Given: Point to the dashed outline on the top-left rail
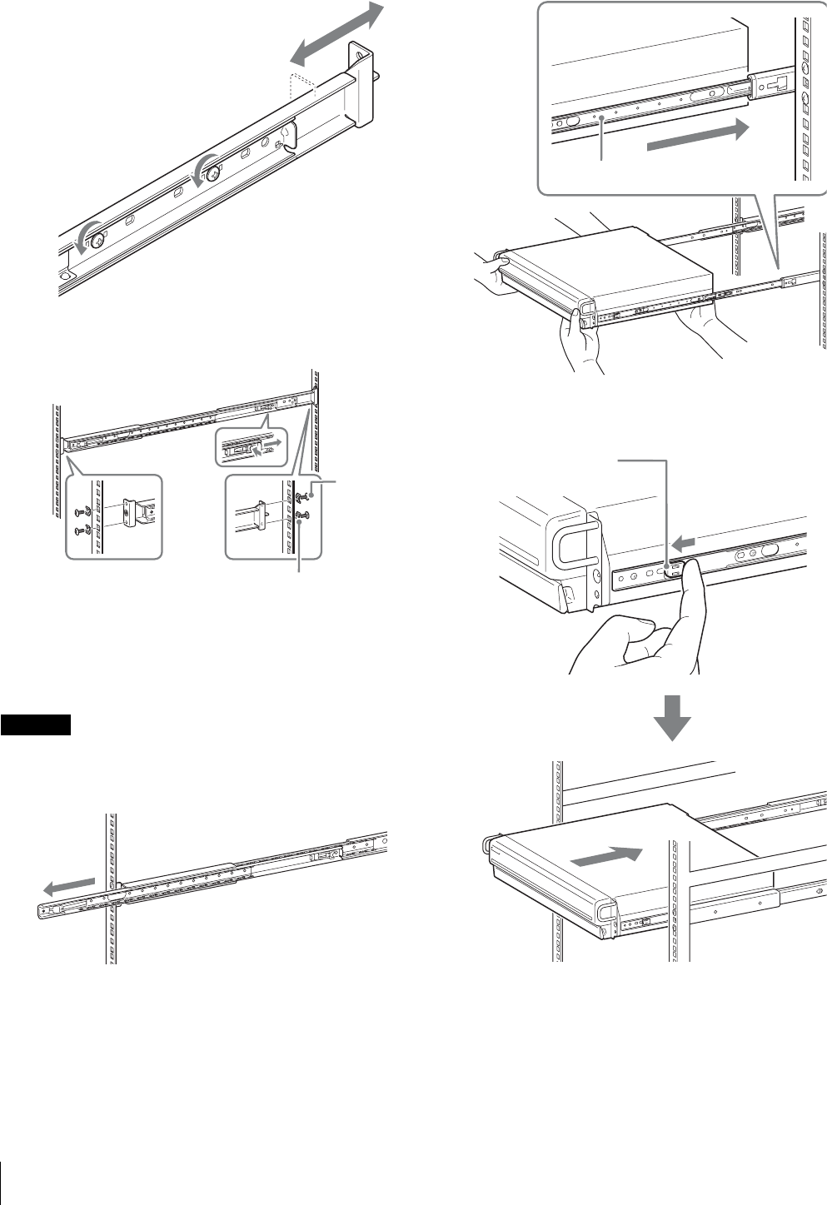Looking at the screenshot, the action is [x=301, y=89].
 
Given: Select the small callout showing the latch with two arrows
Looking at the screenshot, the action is [x=251, y=447].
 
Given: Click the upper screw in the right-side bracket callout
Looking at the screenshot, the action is [x=303, y=496].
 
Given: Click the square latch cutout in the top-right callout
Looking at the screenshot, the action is [x=779, y=84].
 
